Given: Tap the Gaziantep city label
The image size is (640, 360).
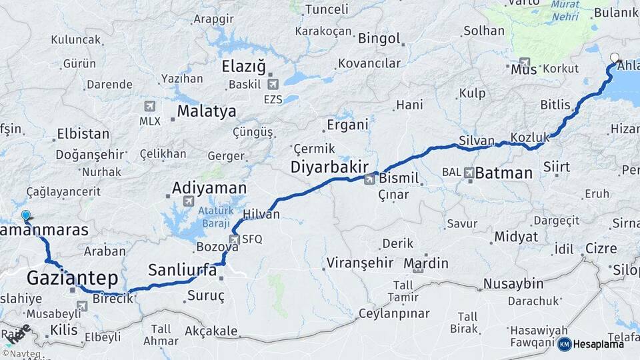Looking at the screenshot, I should click(72, 277).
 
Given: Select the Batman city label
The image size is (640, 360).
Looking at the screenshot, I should click(504, 173).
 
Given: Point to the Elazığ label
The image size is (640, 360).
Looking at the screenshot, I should click(243, 67).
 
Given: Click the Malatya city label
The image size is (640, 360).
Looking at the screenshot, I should click(207, 111).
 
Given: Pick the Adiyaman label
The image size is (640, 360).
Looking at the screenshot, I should click(209, 188).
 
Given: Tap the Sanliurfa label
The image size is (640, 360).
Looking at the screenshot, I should click(182, 270).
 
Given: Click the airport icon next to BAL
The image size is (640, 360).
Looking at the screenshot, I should click(469, 173).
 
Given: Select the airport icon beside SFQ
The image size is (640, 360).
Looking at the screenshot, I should click(234, 239).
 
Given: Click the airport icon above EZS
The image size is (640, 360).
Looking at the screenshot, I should click(272, 85).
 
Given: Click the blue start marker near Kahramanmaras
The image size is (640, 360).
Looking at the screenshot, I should click(26, 215).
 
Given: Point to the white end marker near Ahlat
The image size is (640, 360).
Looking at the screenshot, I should click(615, 57).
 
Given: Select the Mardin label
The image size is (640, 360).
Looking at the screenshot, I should click(426, 263).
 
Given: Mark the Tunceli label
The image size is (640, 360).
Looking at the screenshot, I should click(326, 9).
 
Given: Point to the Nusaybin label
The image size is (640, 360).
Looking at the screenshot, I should click(514, 283).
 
